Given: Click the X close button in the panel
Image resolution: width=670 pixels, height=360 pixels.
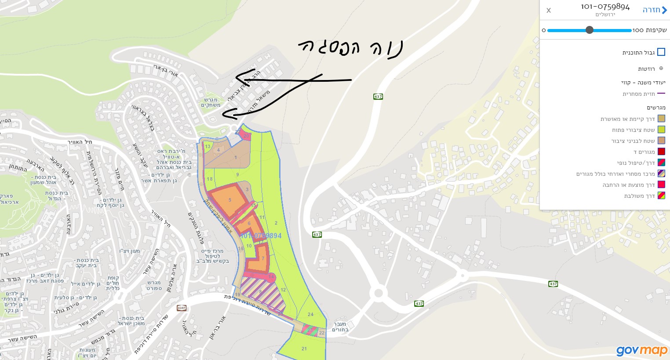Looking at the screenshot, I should click(549, 11).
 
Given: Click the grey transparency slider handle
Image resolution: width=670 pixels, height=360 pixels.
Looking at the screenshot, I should click(590, 30).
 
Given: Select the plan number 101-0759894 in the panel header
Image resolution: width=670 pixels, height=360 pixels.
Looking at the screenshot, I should click(605, 7).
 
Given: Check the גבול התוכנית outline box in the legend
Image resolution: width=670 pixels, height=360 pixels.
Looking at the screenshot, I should click(661, 52).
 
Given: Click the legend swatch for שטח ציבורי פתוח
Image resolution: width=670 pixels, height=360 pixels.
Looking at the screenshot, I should click(661, 130).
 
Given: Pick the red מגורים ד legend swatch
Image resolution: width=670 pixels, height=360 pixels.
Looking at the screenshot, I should click(661, 152).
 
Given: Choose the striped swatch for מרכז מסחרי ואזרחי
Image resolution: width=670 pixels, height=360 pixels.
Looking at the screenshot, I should click(661, 174).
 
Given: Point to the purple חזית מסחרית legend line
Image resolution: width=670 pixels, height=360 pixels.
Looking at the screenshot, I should click(661, 94).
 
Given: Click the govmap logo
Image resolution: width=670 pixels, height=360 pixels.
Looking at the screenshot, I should click(642, 350).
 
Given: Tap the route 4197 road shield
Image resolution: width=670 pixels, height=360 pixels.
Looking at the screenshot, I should click(182, 308).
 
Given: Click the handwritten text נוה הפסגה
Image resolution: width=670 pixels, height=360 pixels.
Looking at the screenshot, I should click(350, 47).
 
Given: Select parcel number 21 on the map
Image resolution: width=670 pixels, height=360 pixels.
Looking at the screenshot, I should click(304, 349).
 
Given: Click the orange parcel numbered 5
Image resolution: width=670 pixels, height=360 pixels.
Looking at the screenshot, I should click(229, 200).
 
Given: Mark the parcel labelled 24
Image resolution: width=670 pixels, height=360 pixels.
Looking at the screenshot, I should click(310, 314).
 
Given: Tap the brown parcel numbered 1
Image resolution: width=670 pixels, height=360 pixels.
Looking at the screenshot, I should click(236, 157).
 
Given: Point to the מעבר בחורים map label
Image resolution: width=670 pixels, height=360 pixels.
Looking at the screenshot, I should click(340, 327).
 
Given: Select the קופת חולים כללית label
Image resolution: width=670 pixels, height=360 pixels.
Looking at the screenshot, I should click(113, 283).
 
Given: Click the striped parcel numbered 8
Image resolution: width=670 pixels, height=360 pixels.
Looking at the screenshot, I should click(260, 292).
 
